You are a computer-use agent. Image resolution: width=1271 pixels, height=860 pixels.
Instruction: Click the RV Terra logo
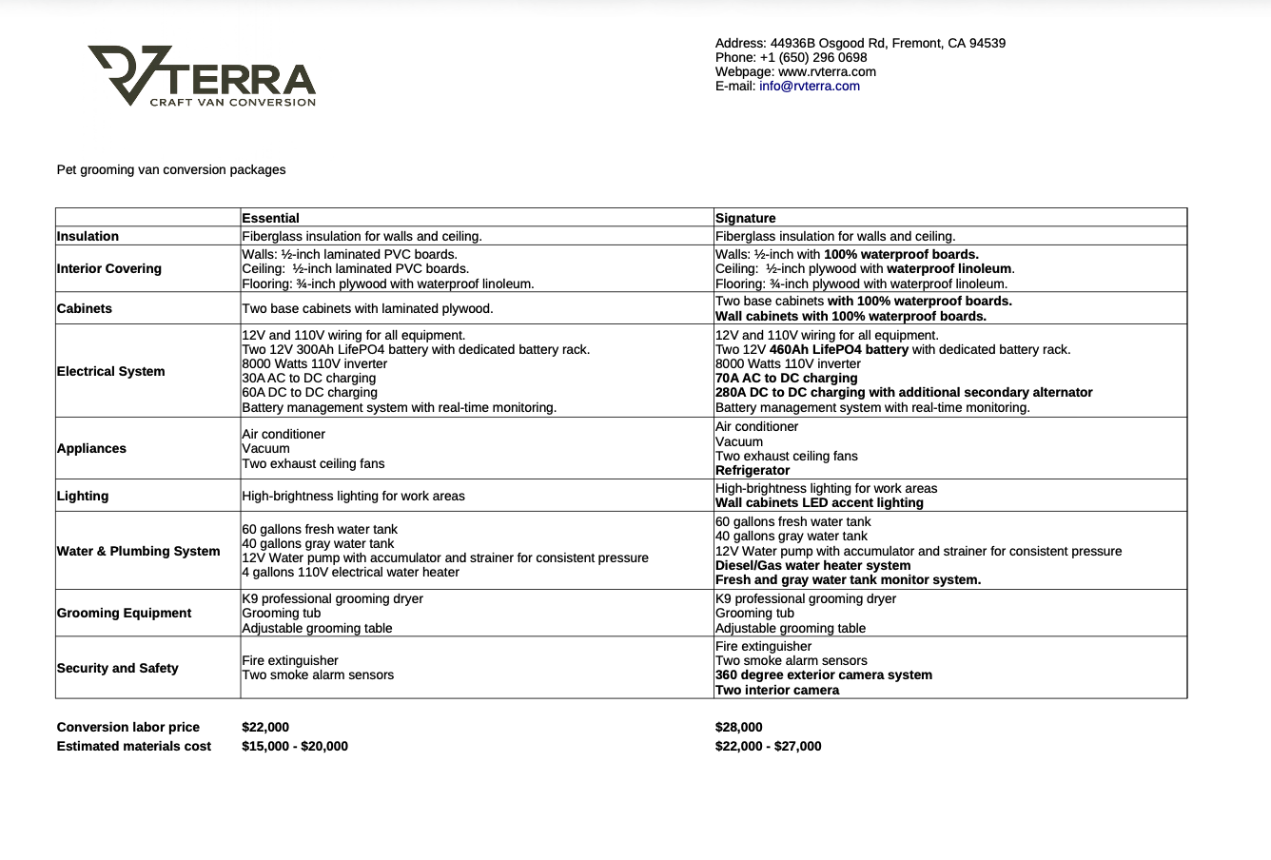[202, 76]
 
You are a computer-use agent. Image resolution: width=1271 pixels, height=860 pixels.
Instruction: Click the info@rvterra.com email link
[809, 86]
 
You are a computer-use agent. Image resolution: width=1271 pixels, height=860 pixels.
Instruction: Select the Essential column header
[270, 218]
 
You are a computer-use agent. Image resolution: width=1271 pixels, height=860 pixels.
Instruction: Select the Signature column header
[745, 218]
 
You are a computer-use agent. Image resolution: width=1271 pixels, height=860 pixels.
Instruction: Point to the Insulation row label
[88, 236]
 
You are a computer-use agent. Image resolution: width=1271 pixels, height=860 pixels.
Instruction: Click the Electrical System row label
[110, 371]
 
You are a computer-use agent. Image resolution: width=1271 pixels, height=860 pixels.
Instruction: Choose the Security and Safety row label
[117, 668]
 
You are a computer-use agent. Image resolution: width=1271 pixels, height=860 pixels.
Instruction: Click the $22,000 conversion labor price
[265, 727]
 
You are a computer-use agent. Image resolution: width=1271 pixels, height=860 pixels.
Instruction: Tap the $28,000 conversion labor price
[739, 727]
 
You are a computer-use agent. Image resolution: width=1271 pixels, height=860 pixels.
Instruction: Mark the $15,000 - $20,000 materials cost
[295, 746]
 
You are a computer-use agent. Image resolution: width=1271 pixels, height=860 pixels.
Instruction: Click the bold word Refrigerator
[753, 470]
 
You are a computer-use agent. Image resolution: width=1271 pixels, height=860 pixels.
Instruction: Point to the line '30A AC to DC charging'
[309, 378]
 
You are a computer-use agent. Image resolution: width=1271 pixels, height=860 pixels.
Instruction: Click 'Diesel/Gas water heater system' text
[812, 565]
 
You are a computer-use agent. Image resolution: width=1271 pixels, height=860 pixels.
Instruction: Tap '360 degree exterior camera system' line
[824, 674]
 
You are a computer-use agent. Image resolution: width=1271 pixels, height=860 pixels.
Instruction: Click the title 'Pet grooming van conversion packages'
[171, 169]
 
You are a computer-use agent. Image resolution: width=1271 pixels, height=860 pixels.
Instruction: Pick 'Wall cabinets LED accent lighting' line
[819, 502]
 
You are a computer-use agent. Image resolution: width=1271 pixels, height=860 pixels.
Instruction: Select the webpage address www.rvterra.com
[827, 71]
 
